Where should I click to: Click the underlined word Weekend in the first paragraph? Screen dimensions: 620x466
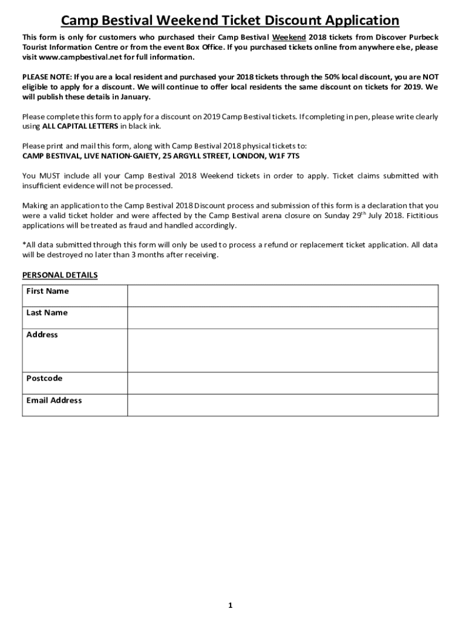coord(289,38)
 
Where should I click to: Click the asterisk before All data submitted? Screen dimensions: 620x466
coord(24,245)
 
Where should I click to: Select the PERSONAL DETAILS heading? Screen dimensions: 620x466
coord(60,275)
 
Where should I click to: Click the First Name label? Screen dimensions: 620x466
coord(47,291)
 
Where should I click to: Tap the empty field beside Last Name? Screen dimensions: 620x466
coord(282,317)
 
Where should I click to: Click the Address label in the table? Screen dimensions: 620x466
coord(42,335)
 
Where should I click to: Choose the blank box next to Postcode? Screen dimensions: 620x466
coord(282,383)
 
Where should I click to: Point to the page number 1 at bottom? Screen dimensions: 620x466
coord(231,605)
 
